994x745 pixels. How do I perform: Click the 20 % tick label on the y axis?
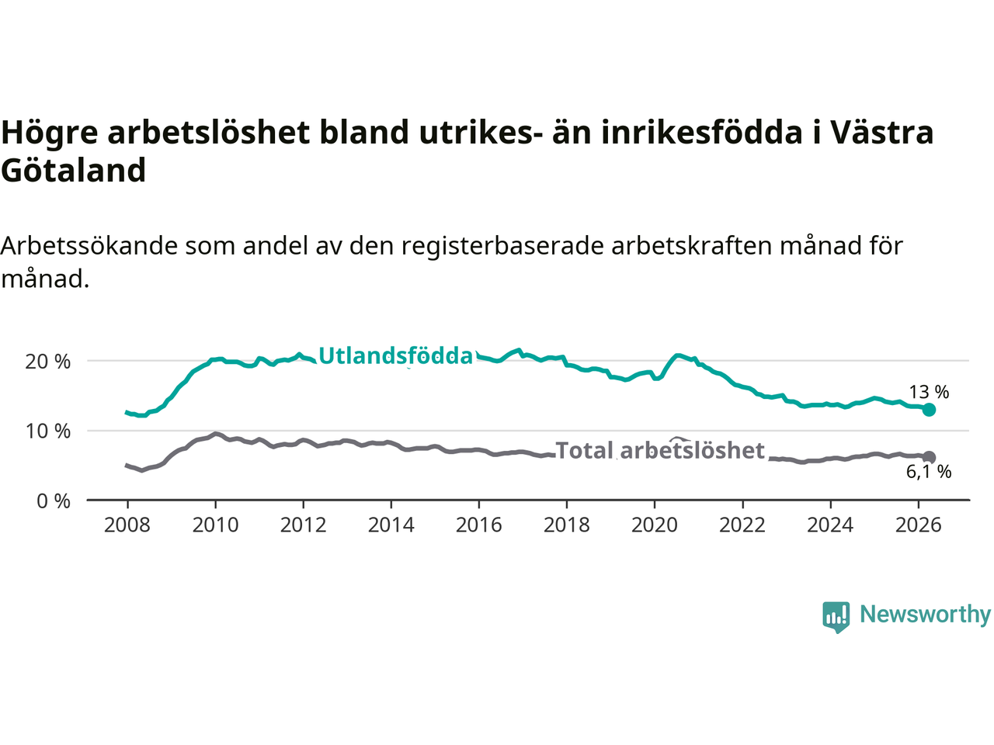coord(47,362)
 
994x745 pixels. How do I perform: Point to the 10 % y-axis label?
coord(47,431)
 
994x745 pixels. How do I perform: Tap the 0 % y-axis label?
coord(54,501)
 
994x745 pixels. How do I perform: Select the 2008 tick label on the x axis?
coord(127,525)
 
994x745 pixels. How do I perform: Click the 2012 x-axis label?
coord(303,525)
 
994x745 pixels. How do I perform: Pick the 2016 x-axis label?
coord(478,525)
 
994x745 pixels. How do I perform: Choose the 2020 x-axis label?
coord(655,525)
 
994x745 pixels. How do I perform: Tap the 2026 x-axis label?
coord(919,525)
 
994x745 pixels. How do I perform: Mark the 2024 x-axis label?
coord(830,525)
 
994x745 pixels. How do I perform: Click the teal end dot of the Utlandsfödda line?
coord(929,410)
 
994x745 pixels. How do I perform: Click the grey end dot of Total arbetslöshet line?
coord(929,457)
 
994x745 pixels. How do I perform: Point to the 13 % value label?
coord(929,392)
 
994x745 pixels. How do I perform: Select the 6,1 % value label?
coord(929,473)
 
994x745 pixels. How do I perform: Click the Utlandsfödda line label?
coord(396,356)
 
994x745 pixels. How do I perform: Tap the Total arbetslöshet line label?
coord(660,451)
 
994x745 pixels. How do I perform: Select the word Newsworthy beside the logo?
coord(925,615)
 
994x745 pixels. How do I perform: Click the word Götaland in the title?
coord(73,170)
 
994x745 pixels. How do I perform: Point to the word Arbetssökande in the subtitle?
coord(89,246)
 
